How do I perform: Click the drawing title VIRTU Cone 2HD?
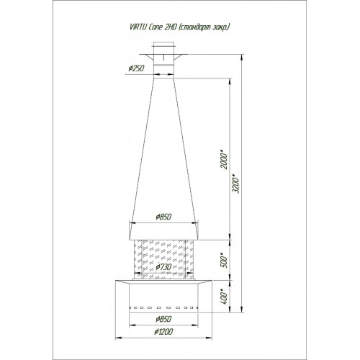click(153, 27)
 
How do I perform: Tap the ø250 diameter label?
click(136, 68)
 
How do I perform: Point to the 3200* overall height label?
click(236, 184)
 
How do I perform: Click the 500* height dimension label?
click(224, 261)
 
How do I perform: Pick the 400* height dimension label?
click(224, 297)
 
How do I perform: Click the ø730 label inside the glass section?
click(163, 266)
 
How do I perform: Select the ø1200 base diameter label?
click(163, 332)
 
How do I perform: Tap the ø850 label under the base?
click(163, 319)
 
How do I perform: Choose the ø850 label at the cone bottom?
click(163, 217)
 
